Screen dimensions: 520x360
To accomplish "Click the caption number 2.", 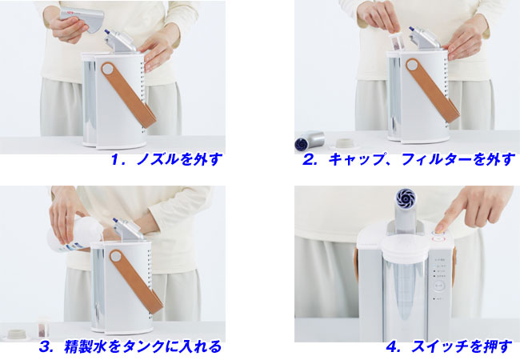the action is [309, 160].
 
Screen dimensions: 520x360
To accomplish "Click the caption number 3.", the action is [46, 347].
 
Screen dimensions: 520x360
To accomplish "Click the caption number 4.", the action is [393, 347].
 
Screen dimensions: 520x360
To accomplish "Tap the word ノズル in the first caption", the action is [158, 159].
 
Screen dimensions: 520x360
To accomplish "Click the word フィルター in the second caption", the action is [437, 160].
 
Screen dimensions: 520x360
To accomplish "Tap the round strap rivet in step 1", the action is [107, 70].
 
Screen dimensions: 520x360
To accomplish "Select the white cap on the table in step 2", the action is [346, 143].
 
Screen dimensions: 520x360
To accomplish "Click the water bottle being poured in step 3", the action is [76, 234].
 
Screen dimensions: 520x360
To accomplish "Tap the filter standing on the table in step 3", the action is [43, 327].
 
